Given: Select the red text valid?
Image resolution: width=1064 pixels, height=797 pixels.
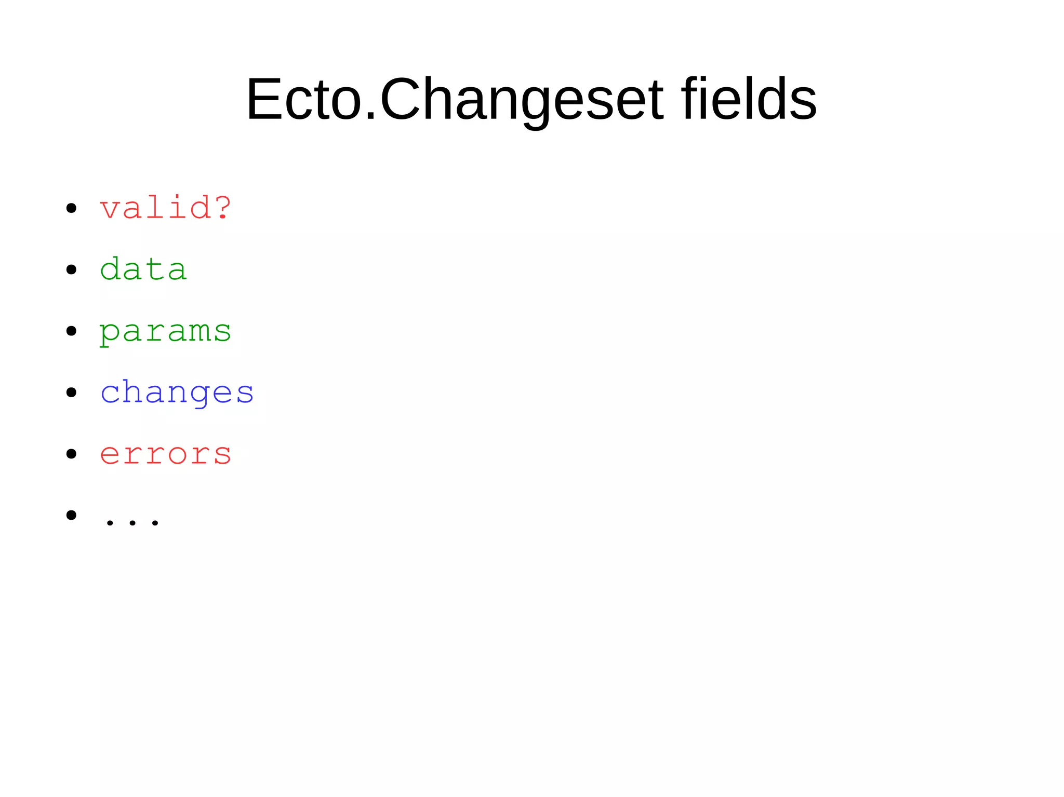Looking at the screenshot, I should (x=165, y=208).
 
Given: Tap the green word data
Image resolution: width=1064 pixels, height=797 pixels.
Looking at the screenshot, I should (x=143, y=269).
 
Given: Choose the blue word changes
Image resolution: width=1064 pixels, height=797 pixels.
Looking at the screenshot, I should (x=177, y=393).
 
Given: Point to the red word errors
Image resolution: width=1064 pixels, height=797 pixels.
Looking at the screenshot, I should (x=165, y=454).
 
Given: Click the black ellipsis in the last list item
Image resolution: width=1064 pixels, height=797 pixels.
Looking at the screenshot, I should (x=132, y=521).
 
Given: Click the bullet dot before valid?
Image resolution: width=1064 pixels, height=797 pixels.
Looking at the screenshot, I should (x=72, y=208).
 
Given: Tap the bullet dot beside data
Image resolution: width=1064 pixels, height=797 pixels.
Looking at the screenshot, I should (x=72, y=269).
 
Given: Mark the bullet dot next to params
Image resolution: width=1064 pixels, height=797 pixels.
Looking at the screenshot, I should (x=72, y=331).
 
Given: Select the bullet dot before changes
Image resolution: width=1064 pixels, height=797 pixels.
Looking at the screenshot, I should (x=72, y=392).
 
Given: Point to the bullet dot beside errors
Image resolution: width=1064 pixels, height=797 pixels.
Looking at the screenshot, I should (x=72, y=454).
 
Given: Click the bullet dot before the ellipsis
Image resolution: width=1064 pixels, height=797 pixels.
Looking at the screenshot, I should (x=72, y=515).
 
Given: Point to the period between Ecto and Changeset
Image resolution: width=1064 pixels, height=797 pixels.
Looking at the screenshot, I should (x=370, y=116).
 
